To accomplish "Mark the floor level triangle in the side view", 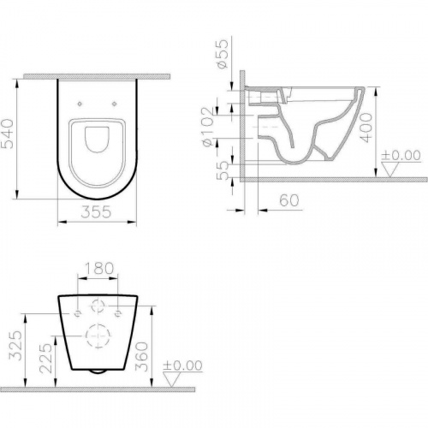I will tap(389, 170).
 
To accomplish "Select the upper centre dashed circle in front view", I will tap(97, 303).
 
